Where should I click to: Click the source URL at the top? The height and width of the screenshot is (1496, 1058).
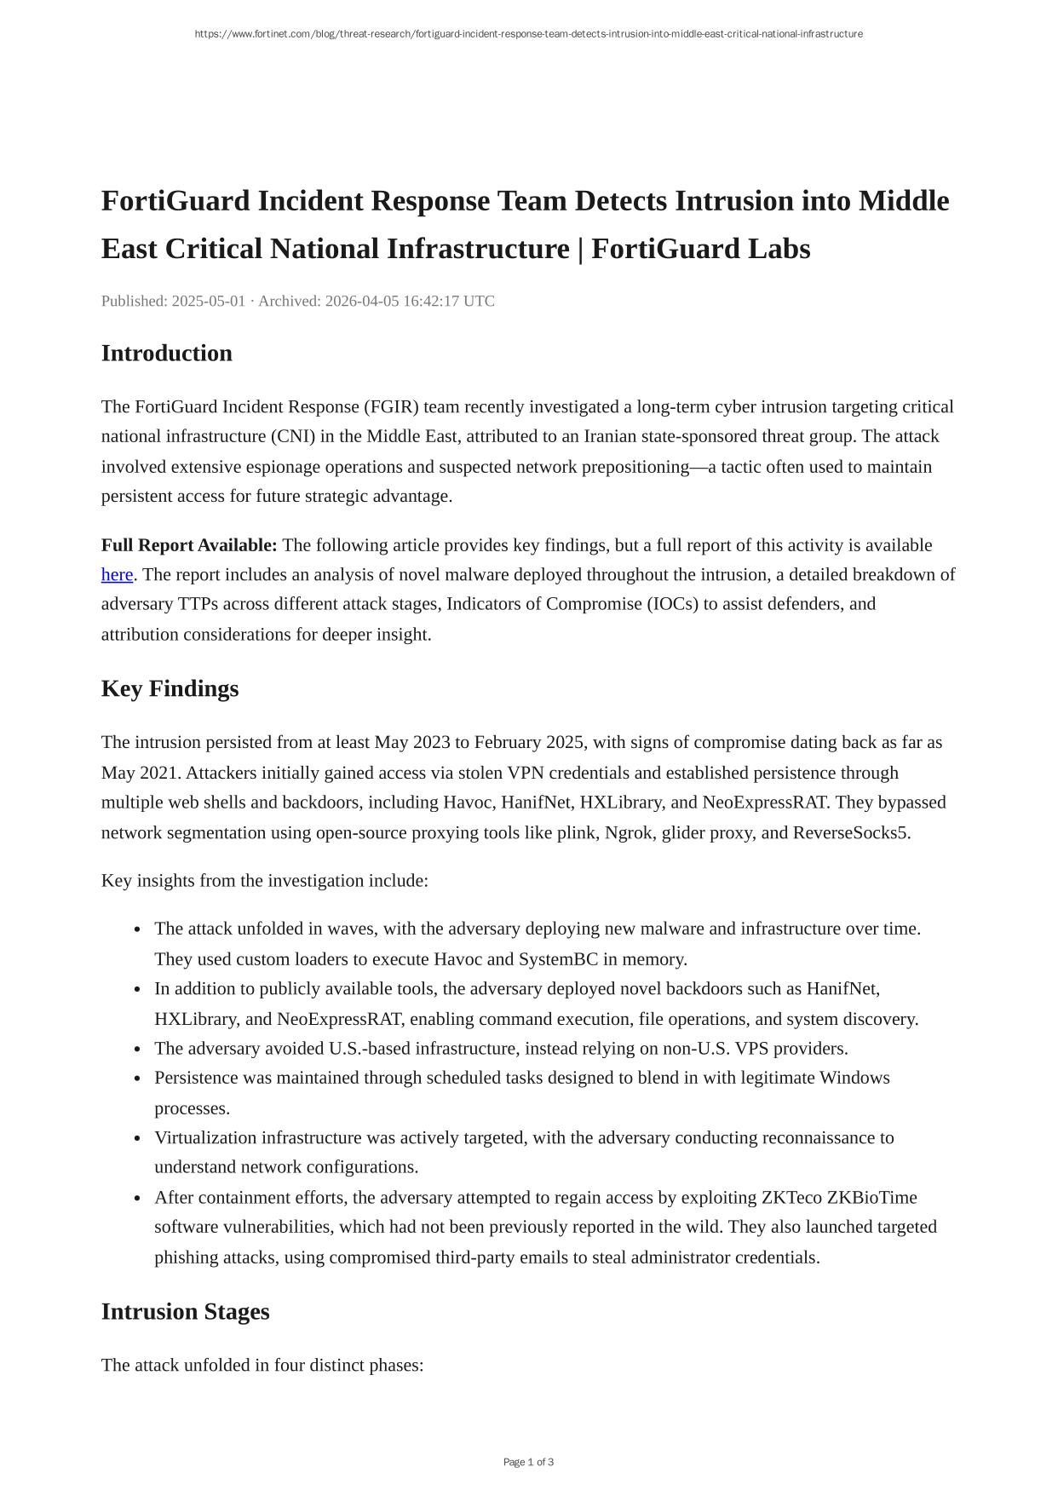pos(528,34)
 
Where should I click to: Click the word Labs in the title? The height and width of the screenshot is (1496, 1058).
pos(779,249)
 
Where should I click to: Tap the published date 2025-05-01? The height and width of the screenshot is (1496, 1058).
pos(209,301)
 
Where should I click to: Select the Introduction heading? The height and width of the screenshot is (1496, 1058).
pos(167,353)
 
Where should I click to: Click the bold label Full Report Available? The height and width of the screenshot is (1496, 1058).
pos(189,545)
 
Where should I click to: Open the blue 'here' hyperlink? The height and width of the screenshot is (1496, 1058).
pos(117,575)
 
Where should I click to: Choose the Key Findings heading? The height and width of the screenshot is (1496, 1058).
pos(170,688)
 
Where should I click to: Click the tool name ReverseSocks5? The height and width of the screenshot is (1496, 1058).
pos(850,832)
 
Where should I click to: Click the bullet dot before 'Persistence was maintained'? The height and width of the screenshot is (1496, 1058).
pos(137,1079)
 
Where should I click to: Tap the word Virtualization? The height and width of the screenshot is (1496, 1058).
pos(205,1138)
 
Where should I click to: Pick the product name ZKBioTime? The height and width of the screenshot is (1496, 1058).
pos(872,1198)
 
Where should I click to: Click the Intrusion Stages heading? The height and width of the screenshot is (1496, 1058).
pos(186,1311)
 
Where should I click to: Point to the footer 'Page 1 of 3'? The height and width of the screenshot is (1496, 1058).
pos(528,1462)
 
